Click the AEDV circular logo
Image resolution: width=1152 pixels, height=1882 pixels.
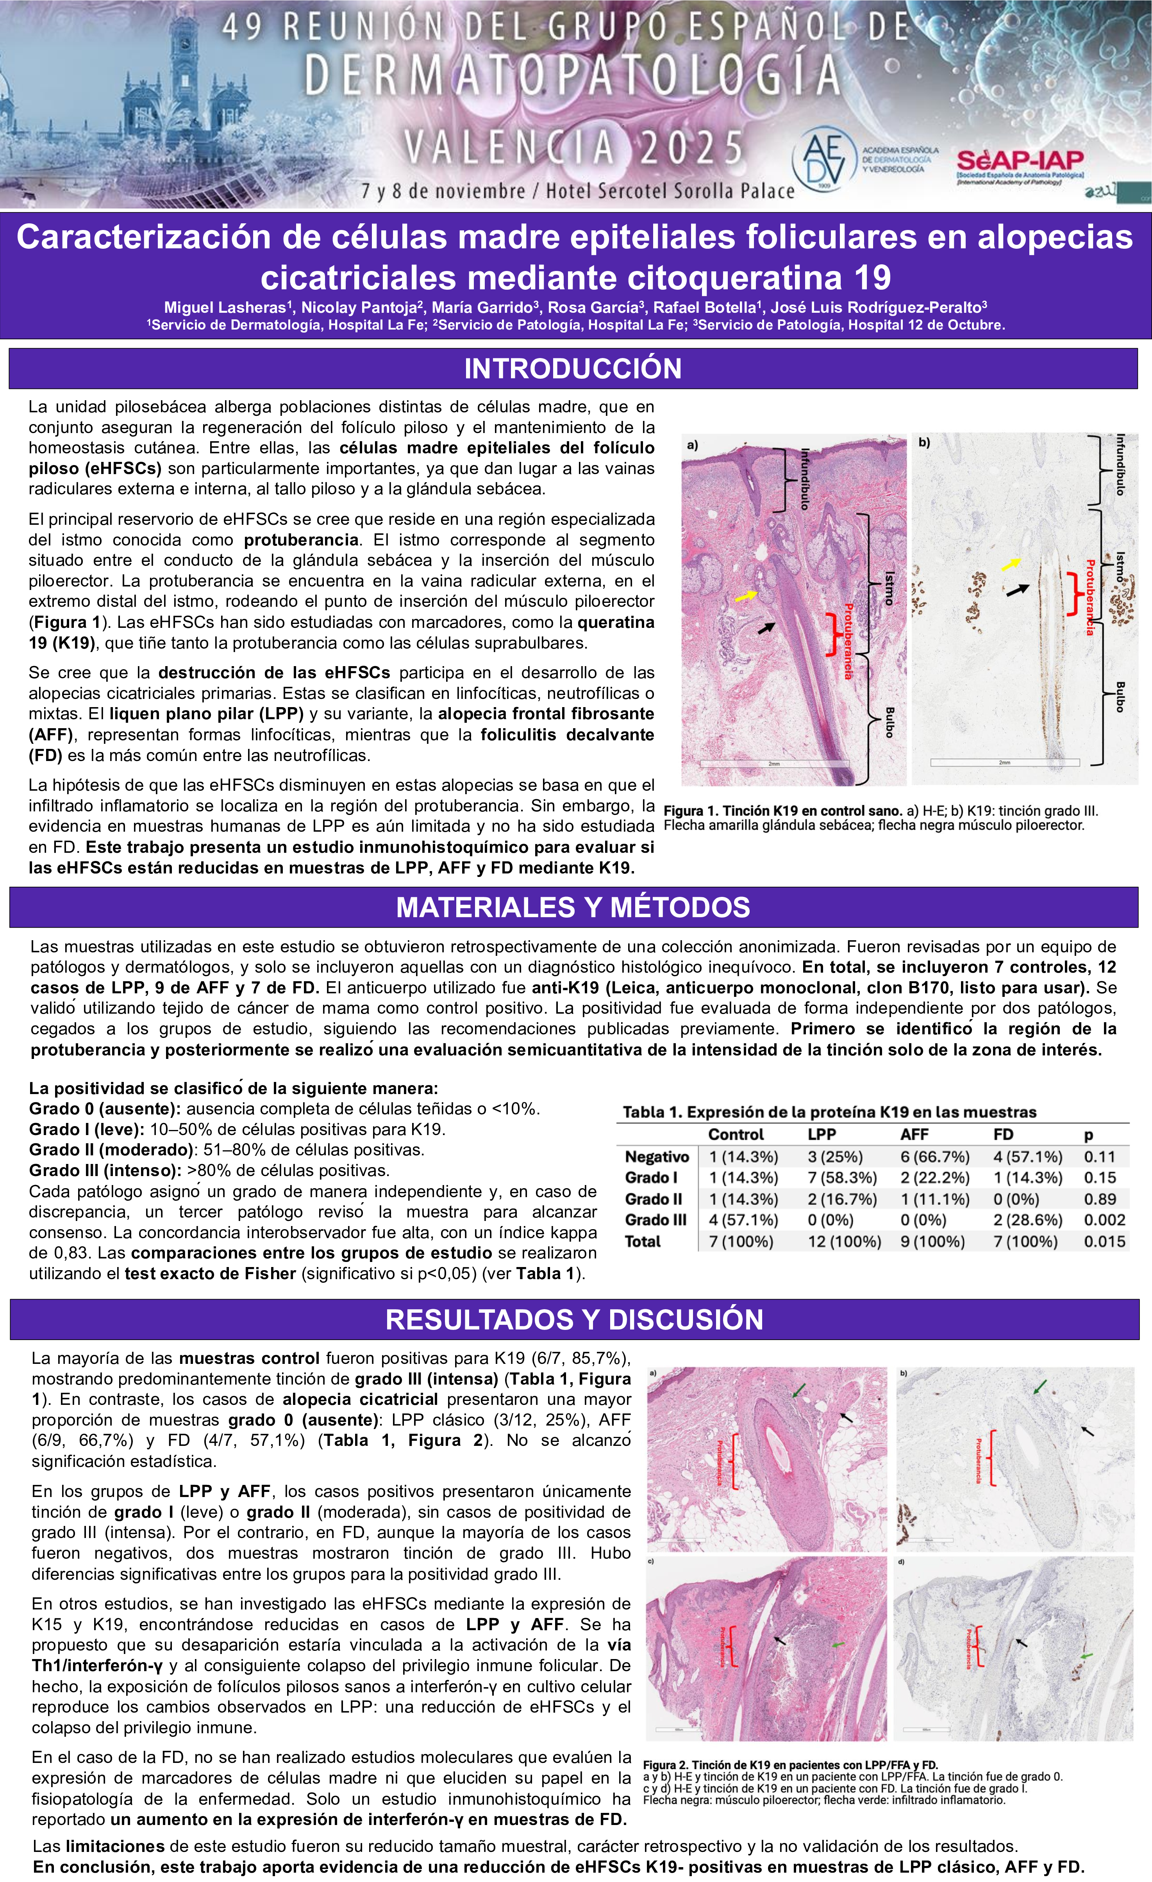click(825, 159)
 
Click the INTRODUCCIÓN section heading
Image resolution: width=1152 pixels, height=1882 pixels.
click(573, 368)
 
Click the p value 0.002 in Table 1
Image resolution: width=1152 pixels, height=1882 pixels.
click(1104, 1220)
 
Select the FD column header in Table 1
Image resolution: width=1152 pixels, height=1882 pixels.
click(1003, 1134)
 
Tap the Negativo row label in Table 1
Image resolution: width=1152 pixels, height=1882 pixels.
click(656, 1157)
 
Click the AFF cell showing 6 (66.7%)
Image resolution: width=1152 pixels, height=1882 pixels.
click(934, 1157)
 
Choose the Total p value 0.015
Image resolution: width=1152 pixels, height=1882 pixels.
click(1104, 1241)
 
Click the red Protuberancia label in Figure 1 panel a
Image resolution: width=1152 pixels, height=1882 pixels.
click(848, 640)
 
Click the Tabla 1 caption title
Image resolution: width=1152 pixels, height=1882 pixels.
click(829, 1112)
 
